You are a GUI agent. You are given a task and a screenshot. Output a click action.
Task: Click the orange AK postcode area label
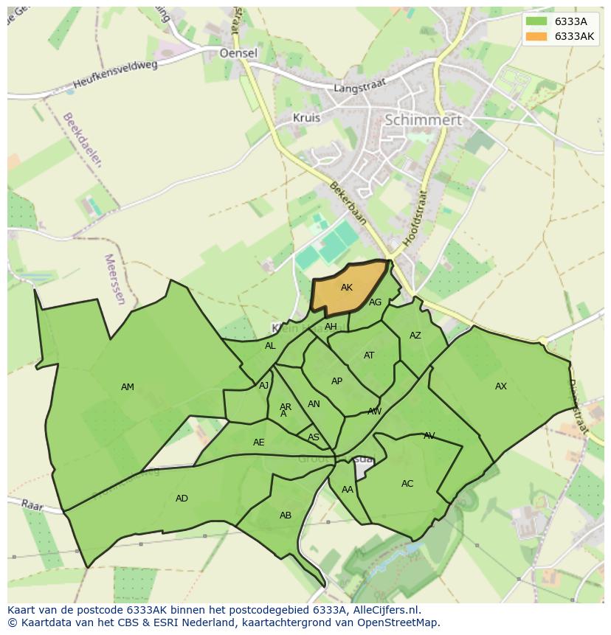tap(347, 288)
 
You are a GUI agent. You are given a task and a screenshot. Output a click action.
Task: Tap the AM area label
tap(128, 387)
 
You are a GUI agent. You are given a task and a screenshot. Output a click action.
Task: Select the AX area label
tap(501, 386)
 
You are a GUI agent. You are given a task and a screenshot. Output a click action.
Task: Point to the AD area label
tap(182, 499)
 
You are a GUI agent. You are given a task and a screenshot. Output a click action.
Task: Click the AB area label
tap(286, 516)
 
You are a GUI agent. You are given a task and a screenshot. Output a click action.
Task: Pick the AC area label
tap(407, 484)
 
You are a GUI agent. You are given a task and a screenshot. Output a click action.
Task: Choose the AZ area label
tap(415, 336)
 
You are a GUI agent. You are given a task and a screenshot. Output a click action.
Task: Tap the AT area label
tap(369, 355)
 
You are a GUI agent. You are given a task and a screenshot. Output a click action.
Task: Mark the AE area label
tap(258, 443)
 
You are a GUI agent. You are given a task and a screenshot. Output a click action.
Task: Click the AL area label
tap(270, 346)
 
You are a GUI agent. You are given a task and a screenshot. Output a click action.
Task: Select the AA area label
tap(348, 490)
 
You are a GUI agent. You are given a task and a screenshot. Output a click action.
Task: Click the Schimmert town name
tap(424, 119)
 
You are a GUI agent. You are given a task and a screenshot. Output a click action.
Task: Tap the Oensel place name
tap(238, 53)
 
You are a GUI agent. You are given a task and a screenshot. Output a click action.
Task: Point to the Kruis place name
tap(306, 117)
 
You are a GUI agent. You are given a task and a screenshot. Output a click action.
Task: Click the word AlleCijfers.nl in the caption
tap(385, 610)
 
